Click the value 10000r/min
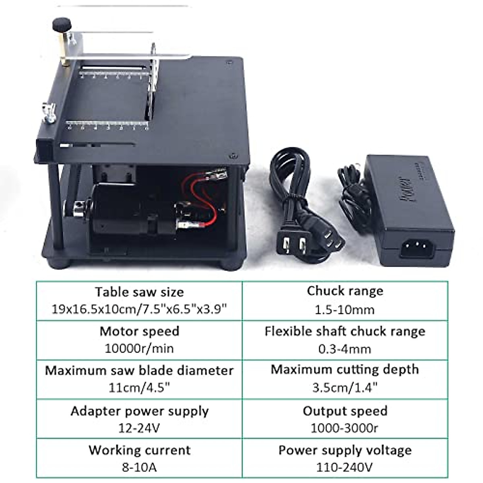[139, 348]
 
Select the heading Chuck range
[345, 291]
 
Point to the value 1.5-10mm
[345, 310]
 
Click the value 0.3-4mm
[345, 349]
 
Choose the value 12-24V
[139, 428]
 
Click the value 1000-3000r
[345, 428]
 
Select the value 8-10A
[139, 467]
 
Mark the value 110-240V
[345, 467]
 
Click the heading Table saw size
[139, 292]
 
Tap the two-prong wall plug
[293, 244]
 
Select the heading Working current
[139, 450]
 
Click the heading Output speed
[345, 411]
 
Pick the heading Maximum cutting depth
[345, 369]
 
